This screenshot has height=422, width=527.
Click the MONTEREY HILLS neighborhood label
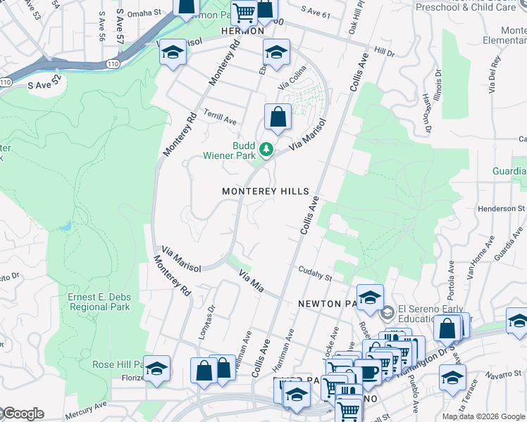[x=265, y=191]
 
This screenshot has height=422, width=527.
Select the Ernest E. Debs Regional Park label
[x=99, y=302]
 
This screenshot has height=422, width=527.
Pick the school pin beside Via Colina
[x=277, y=53]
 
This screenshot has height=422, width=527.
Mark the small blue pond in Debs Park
[x=66, y=226]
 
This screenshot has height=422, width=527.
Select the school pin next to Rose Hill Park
[x=156, y=369]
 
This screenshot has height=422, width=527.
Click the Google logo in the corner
[x=23, y=414]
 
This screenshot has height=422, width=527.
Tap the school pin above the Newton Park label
[x=370, y=298]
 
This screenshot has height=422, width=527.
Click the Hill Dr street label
[x=385, y=52]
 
